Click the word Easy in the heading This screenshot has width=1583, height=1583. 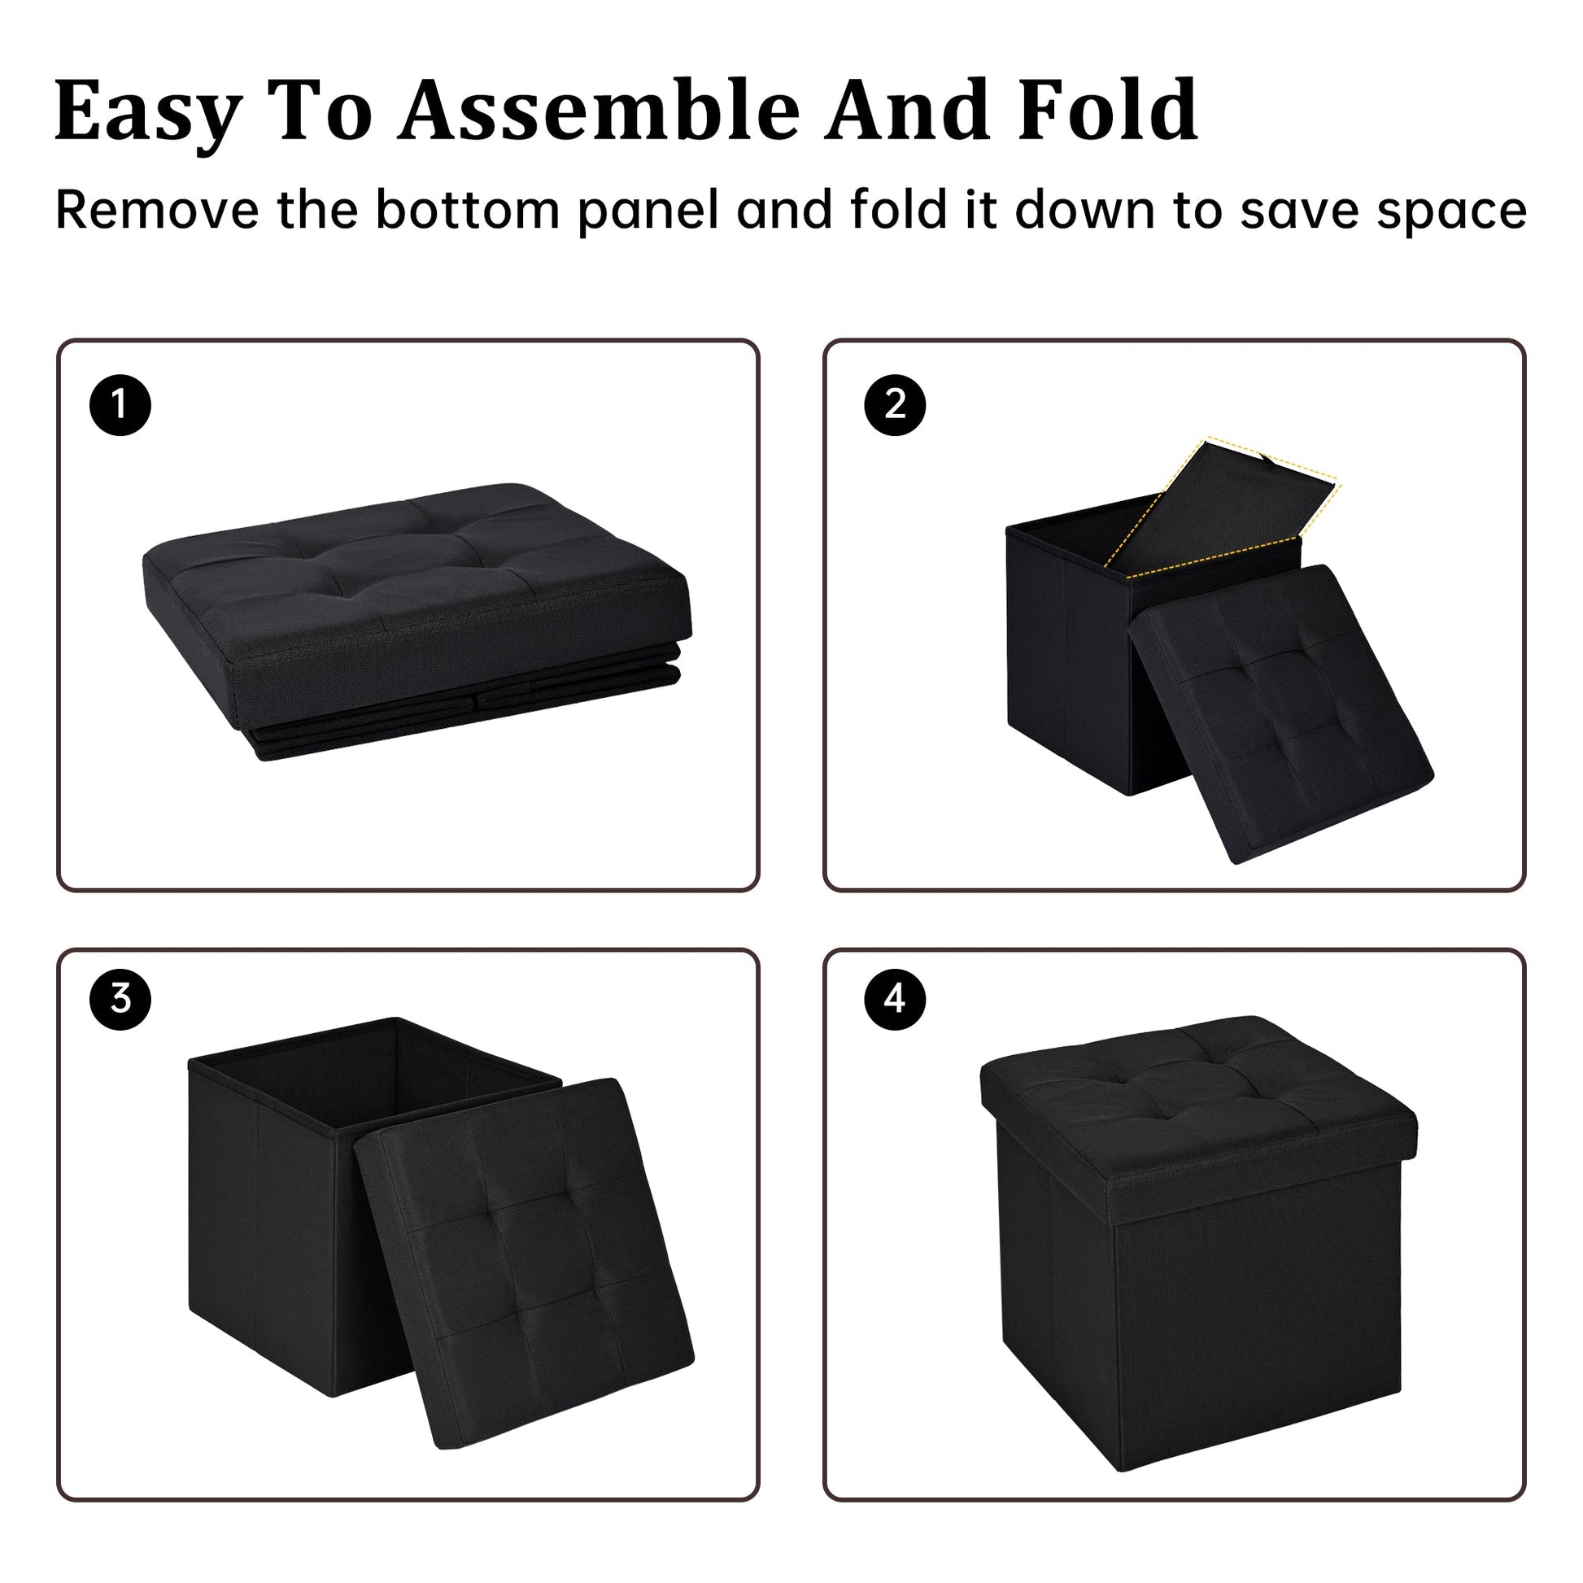[x=148, y=113]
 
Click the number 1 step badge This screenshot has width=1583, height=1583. [x=120, y=405]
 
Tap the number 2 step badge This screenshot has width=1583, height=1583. [x=895, y=405]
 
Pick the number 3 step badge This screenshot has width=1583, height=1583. [x=120, y=999]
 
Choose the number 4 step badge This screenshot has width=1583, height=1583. [x=895, y=999]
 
